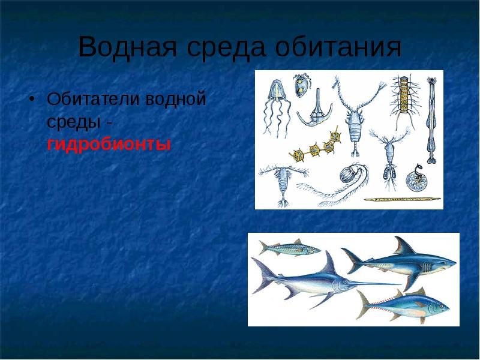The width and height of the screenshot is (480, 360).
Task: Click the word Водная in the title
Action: [x=127, y=47]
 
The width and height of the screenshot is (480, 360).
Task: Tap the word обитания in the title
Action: [x=338, y=47]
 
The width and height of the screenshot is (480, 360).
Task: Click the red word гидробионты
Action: [x=109, y=144]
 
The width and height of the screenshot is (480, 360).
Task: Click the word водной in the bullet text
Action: [x=175, y=99]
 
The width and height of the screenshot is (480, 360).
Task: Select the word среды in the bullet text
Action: [x=74, y=122]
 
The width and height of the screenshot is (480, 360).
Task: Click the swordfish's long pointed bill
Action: [x=374, y=283]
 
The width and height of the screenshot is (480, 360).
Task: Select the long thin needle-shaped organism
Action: [x=402, y=199]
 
